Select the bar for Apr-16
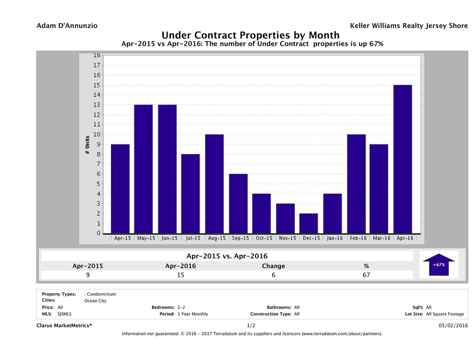[x=403, y=159]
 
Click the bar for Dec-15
[x=308, y=223]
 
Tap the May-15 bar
[x=143, y=169]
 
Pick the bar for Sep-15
[x=238, y=203]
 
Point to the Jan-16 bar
[x=332, y=214]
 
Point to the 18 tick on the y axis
[x=97, y=55]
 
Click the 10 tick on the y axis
[x=97, y=134]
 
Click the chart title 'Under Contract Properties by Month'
[x=250, y=35]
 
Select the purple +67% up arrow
[x=439, y=265]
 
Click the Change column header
[x=273, y=266]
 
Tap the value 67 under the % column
[x=366, y=275]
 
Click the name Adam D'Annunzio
[x=67, y=26]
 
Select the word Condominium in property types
[x=101, y=294]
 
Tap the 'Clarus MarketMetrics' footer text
[x=64, y=326]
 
